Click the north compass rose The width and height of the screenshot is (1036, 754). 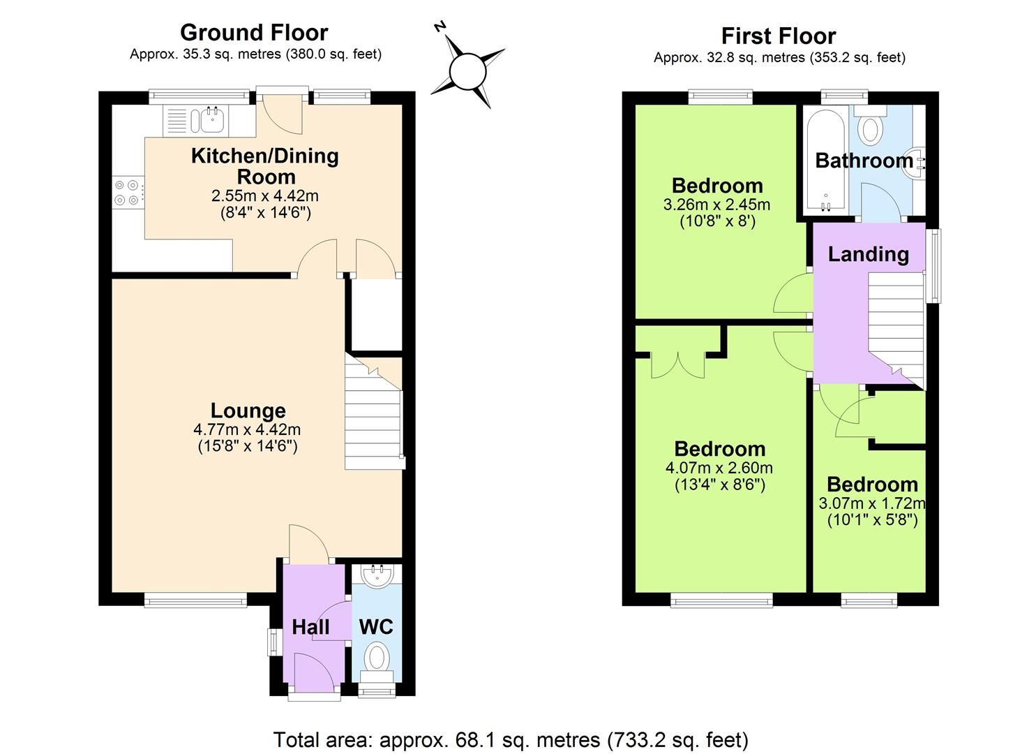[467, 71]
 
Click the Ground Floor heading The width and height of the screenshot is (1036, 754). [254, 32]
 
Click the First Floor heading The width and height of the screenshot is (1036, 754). [779, 36]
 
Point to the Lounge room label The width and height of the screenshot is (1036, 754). [248, 411]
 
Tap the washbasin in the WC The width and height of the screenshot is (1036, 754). [377, 574]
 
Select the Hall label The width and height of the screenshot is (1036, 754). [310, 627]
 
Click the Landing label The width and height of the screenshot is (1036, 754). [868, 254]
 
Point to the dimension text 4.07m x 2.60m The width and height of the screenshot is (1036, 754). [719, 468]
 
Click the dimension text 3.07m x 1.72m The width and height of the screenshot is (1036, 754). [871, 503]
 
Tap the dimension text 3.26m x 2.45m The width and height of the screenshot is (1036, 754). [716, 205]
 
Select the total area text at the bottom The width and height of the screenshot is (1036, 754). [511, 739]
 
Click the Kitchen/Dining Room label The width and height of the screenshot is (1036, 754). [264, 165]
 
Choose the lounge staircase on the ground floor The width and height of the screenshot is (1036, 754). [374, 419]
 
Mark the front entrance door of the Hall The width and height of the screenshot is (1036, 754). [314, 674]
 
